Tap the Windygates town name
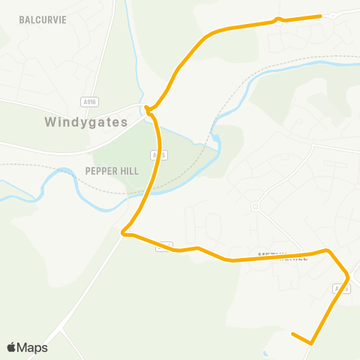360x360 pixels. click(x=86, y=121)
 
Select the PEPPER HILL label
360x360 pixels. click(x=112, y=171)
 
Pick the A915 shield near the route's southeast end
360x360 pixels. click(x=340, y=289)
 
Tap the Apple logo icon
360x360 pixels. click(x=11, y=347)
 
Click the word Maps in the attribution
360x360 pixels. click(x=32, y=347)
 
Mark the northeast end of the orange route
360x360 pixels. click(x=321, y=16)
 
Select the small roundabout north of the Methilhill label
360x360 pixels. click(x=255, y=205)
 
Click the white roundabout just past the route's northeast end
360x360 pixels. click(x=332, y=14)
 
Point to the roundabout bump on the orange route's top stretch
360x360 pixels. click(x=278, y=20)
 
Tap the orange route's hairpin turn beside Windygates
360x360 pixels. click(x=147, y=110)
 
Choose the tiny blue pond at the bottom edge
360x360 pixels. click(x=265, y=352)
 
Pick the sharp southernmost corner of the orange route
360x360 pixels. click(x=310, y=343)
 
